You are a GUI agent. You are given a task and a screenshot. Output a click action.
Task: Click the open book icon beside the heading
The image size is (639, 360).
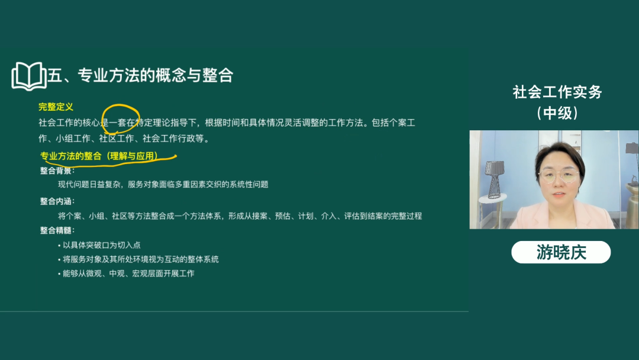(28, 76)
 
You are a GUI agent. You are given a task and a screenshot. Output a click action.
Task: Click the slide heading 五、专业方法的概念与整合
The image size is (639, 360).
(140, 75)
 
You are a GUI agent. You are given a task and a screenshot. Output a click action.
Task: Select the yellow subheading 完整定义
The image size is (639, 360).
(56, 107)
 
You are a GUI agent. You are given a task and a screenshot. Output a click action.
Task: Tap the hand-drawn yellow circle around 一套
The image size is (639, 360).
(121, 121)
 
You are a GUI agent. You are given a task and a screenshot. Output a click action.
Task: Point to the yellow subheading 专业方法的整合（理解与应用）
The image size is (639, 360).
(99, 156)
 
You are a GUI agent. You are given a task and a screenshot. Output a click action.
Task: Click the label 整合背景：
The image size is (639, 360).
(57, 171)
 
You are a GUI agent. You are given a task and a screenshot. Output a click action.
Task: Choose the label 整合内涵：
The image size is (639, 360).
(57, 201)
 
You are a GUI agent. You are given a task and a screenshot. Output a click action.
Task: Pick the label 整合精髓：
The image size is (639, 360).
(57, 230)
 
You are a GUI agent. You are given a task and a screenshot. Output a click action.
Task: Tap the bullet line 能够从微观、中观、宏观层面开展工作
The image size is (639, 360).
(128, 274)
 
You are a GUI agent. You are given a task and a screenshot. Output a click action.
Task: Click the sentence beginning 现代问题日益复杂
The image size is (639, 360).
(163, 185)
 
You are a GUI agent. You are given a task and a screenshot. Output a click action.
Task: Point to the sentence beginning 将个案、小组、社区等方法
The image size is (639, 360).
(240, 216)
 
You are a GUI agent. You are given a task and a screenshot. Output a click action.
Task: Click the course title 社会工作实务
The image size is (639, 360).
(557, 92)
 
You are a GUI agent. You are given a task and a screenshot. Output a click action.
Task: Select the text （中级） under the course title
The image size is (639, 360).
(557, 112)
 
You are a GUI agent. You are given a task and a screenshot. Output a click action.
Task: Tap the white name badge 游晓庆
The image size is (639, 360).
(560, 252)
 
